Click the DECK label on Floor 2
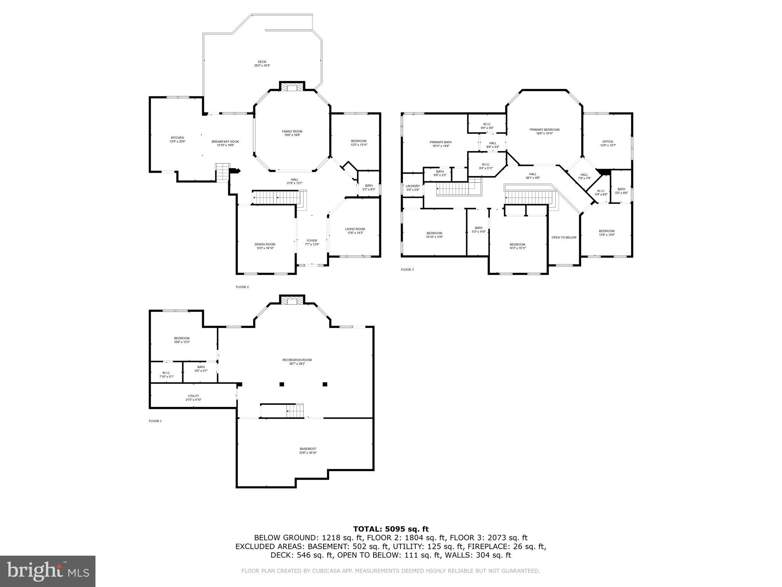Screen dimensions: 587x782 point(262,62)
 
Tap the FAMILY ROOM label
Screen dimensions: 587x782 point(292,131)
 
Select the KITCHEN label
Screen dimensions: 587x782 point(177,138)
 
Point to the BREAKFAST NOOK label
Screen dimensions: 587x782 point(225,142)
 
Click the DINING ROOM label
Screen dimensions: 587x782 point(265,245)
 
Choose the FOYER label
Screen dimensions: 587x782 point(312,241)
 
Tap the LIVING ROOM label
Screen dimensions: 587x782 point(355,229)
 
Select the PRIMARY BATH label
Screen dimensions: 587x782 point(440,142)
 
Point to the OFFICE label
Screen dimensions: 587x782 point(608,142)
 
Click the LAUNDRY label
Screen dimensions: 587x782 point(412,186)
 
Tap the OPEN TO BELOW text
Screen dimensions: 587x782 point(564,237)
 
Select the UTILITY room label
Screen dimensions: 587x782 point(193,396)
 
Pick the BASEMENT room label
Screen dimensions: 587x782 point(308,449)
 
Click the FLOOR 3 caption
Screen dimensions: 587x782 point(407,269)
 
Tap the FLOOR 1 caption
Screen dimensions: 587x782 point(155,421)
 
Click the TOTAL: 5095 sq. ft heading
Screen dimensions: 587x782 point(391,529)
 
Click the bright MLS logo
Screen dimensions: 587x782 point(48,571)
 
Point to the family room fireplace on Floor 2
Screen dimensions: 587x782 point(292,88)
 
